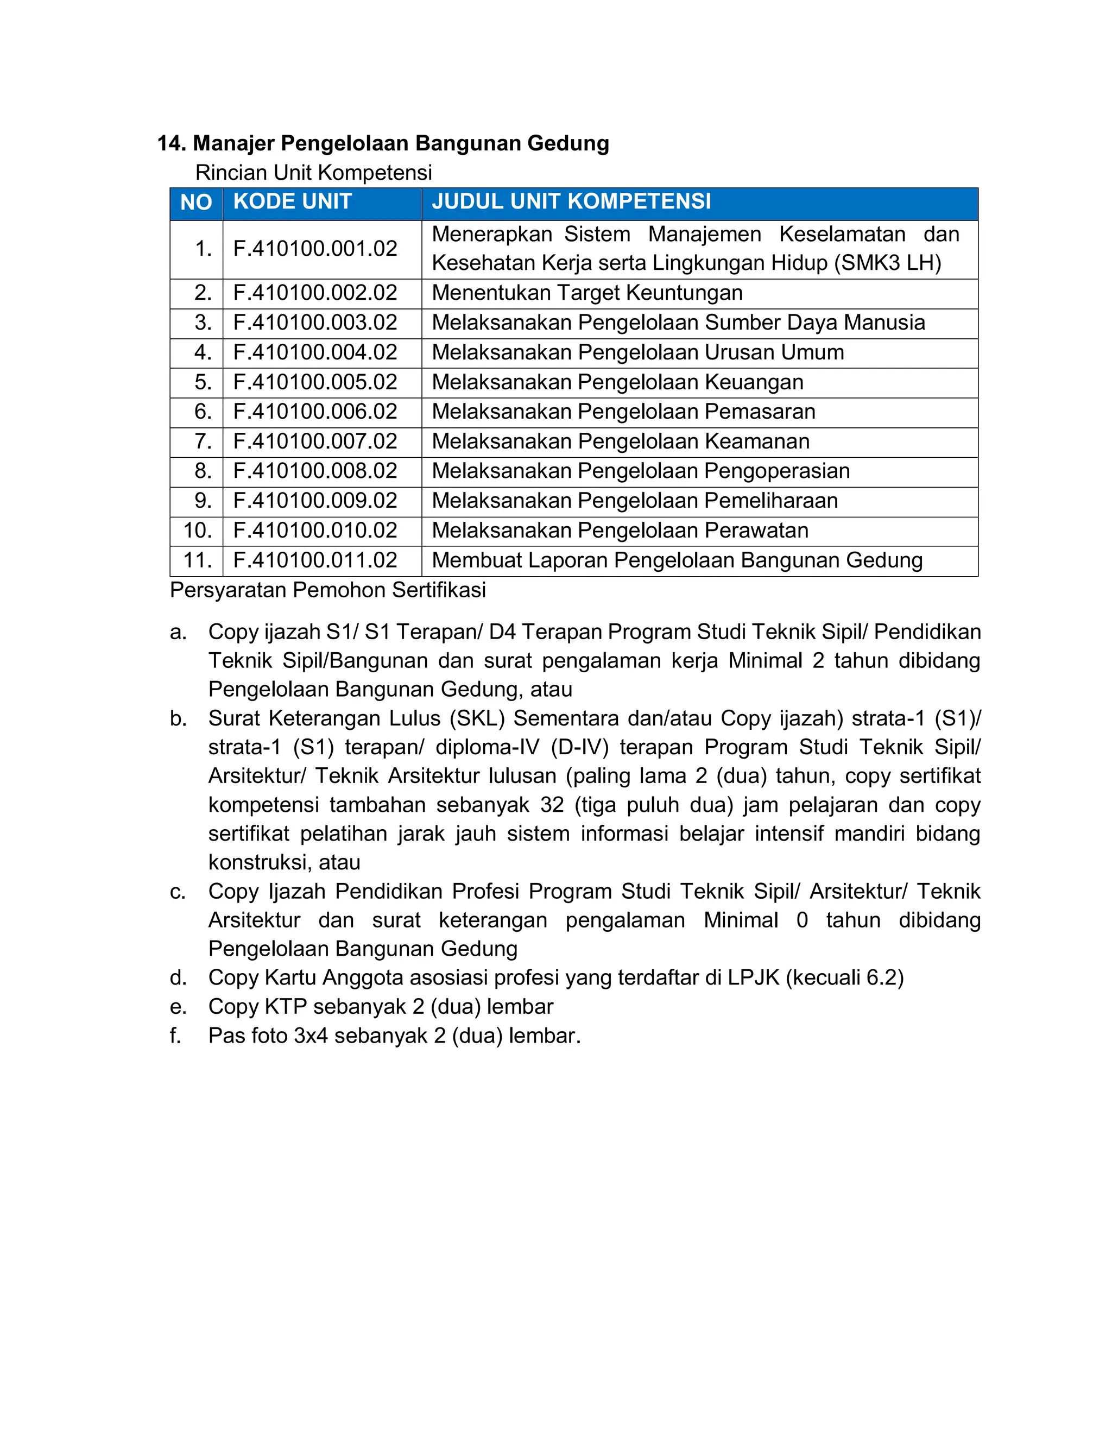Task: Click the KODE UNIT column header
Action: coord(293,201)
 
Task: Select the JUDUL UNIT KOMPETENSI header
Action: coord(571,201)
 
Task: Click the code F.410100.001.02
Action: coord(315,249)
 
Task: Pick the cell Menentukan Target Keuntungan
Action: coord(587,293)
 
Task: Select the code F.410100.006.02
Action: coord(315,412)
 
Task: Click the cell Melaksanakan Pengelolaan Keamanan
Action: coord(621,441)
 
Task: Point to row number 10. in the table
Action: coord(197,531)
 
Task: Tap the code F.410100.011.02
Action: coord(315,560)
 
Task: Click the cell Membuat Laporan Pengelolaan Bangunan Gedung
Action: coord(677,560)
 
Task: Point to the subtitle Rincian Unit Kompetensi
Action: coord(314,173)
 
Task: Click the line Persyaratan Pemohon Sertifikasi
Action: coord(327,590)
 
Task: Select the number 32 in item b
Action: coord(552,805)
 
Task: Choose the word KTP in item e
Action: coord(285,1007)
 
